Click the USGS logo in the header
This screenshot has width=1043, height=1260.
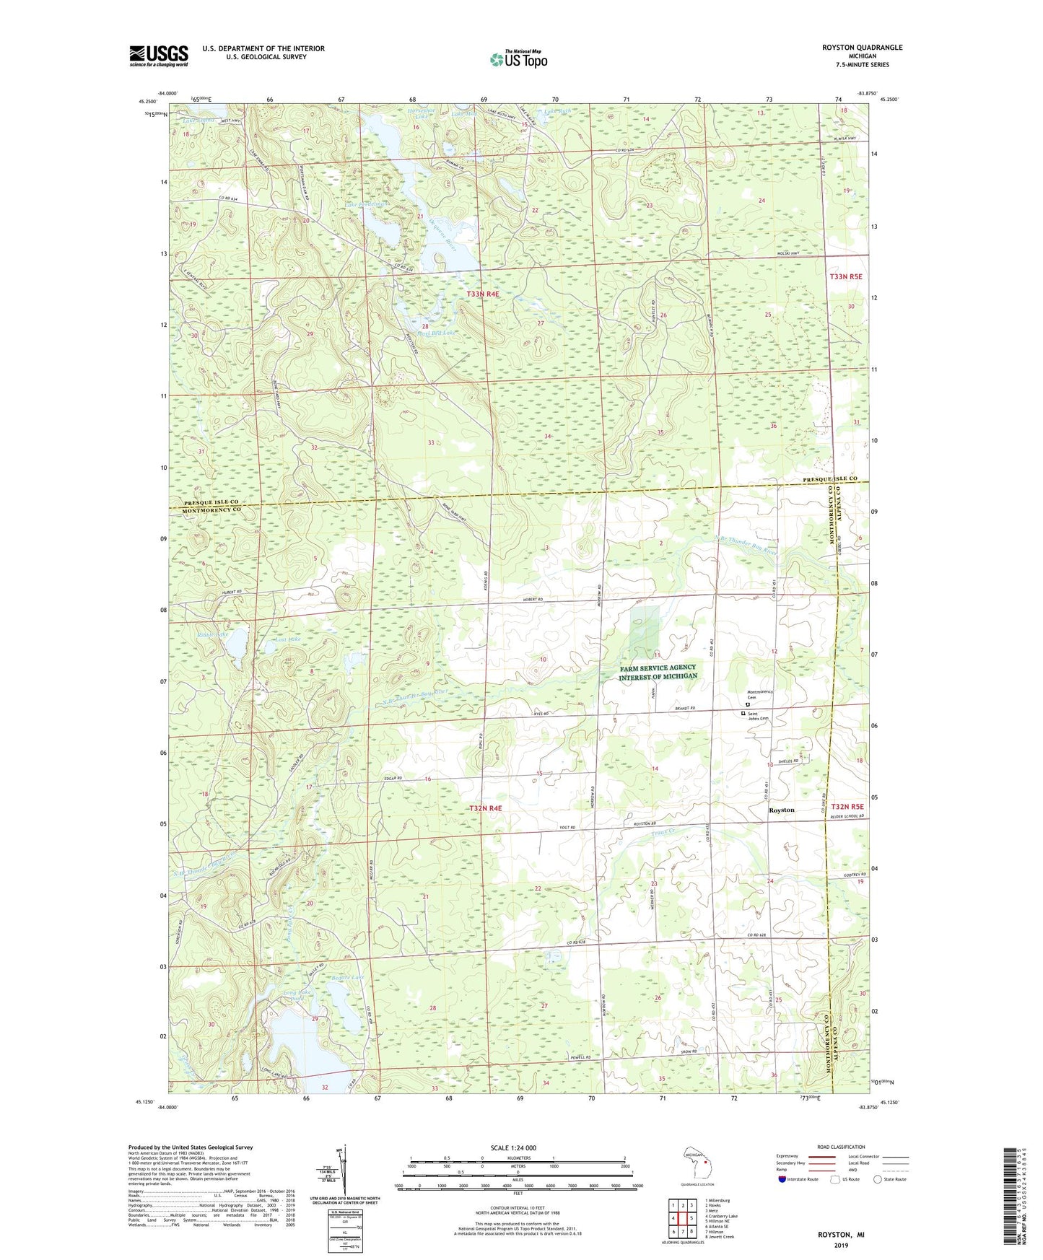point(158,55)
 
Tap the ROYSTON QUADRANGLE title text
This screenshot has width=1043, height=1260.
point(862,48)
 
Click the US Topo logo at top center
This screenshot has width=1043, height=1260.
point(518,59)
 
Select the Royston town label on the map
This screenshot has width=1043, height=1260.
point(781,810)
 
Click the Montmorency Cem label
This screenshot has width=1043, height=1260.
point(760,694)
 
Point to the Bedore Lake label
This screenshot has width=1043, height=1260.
point(348,977)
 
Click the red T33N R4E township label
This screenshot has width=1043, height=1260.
point(483,294)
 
